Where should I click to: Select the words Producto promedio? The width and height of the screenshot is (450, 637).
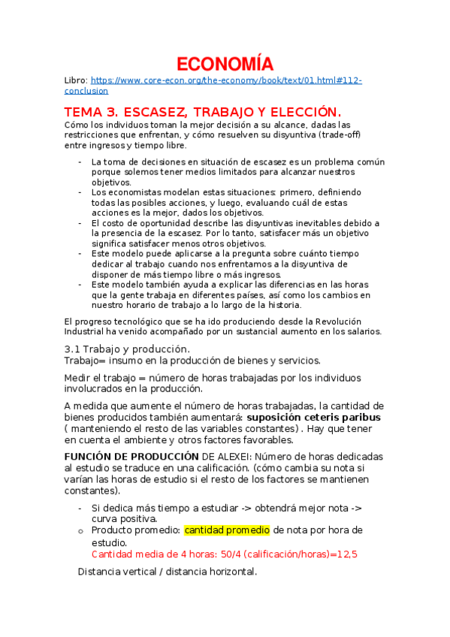(134, 530)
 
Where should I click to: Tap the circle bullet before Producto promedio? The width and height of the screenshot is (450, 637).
(80, 531)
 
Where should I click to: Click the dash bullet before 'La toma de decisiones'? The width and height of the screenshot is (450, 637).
(80, 162)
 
